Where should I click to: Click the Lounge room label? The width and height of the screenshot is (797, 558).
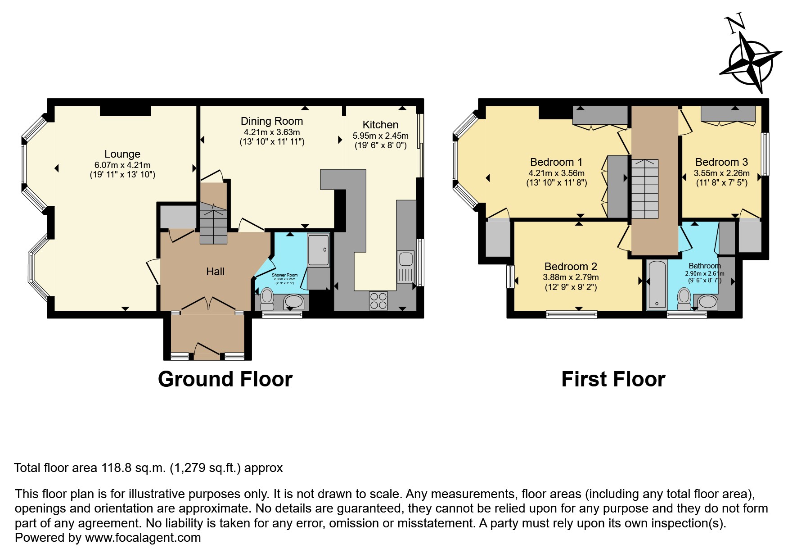(122, 154)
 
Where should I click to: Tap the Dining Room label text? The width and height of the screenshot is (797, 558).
(271, 121)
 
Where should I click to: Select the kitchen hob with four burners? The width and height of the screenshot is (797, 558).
(378, 300)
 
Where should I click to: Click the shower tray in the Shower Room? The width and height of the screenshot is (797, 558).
(318, 250)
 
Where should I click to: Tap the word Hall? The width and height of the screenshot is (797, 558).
(215, 272)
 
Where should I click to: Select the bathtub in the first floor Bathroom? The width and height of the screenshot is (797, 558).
(657, 285)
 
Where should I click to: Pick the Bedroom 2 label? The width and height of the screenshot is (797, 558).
(570, 267)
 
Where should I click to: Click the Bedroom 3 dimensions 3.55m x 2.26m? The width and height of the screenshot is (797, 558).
(721, 173)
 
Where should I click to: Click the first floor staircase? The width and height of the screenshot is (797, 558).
(645, 189)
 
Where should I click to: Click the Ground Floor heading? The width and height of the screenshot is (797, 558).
(225, 379)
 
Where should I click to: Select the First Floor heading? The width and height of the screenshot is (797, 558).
(613, 379)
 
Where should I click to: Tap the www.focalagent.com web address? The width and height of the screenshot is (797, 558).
(143, 538)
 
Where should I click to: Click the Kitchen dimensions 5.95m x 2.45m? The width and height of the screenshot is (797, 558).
(380, 136)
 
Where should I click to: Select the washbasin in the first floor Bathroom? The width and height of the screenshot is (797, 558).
(707, 302)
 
